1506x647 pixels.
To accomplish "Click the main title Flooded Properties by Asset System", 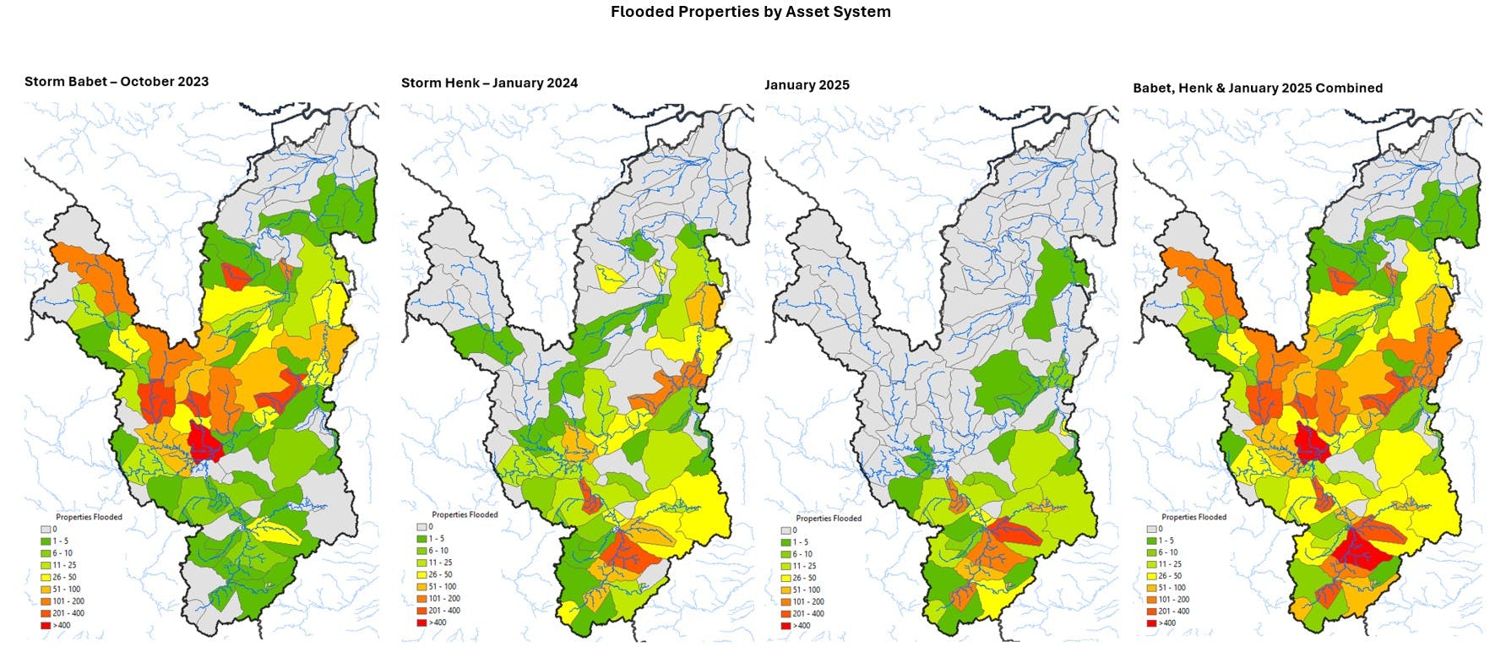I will point(750,12).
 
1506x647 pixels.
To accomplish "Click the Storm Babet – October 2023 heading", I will point(117,82).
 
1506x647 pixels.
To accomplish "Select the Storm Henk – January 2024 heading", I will point(489,83).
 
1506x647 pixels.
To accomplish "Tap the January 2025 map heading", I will point(807,85).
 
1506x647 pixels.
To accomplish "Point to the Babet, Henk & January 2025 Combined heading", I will point(1257,88).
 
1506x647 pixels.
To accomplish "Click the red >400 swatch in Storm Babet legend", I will point(45,625).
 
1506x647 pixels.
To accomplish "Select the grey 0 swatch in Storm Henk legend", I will point(421,526).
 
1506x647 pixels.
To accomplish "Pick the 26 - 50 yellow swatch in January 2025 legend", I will point(785,579).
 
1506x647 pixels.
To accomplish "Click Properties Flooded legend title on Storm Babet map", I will point(89,517).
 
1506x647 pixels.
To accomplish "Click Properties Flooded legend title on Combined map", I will point(1193,517).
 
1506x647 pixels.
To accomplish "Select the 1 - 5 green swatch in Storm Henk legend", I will point(421,538).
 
